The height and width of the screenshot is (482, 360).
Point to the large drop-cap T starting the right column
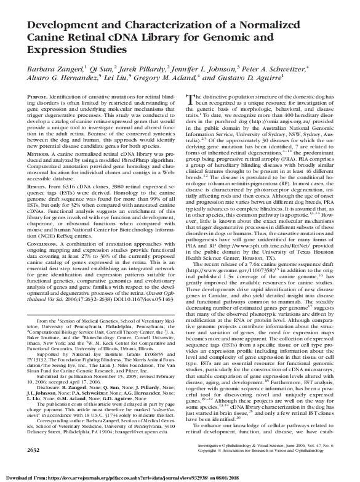tap(189, 100)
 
